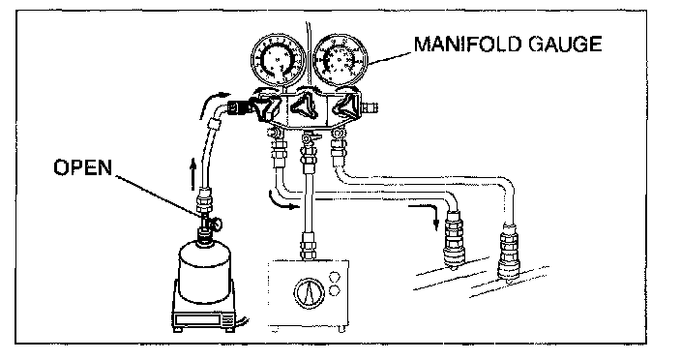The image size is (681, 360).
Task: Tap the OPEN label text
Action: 82,167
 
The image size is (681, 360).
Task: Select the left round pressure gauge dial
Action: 279,59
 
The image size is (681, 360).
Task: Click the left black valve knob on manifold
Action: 266,109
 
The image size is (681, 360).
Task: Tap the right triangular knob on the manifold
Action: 347,105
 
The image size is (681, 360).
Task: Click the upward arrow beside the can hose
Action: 192,174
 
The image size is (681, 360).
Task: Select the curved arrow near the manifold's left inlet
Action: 214,103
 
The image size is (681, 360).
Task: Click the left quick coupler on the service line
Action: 454,240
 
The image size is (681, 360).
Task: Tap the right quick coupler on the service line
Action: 509,252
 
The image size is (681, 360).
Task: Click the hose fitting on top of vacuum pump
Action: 308,246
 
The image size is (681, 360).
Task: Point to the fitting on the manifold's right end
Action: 370,106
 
